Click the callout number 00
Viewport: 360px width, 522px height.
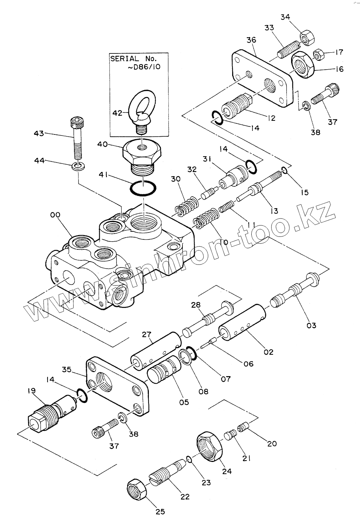55,215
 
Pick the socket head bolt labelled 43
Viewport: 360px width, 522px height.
77,139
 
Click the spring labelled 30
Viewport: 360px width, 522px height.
188,205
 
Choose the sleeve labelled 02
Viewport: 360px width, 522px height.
242,322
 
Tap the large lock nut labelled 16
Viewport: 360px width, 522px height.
303,65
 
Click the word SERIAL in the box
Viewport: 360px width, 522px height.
125,59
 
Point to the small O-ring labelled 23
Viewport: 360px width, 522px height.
189,459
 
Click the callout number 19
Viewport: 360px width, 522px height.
31,390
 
